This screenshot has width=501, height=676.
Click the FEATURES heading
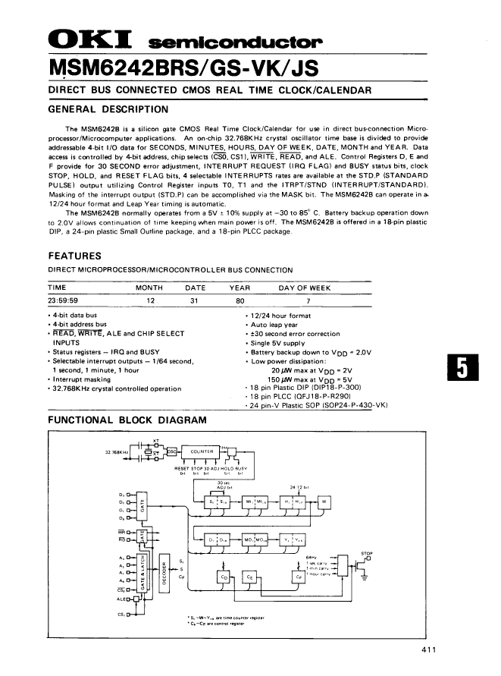[74, 256]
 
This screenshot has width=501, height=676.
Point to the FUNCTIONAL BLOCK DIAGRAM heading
[117, 420]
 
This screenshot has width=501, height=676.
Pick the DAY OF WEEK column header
[305, 288]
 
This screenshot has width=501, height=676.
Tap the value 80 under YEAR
[240, 300]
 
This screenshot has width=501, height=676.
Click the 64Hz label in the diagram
[311, 556]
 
